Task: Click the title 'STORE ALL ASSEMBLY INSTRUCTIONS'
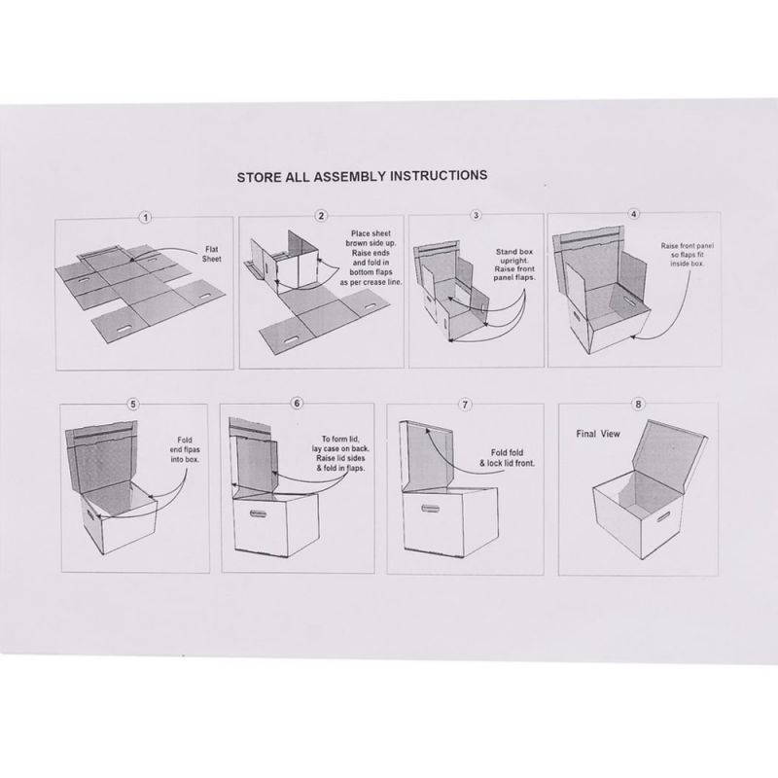click(362, 177)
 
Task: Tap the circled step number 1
click(145, 217)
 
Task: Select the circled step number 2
click(321, 216)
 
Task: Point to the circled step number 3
click(476, 215)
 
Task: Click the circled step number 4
click(634, 214)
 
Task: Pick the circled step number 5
click(133, 404)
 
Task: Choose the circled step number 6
click(298, 404)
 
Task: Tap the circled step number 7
click(465, 405)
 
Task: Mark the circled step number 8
click(638, 405)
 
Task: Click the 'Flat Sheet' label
click(212, 254)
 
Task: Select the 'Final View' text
click(598, 434)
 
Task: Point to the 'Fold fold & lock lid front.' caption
click(507, 458)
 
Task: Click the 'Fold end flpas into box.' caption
click(185, 449)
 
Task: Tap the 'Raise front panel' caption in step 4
click(688, 246)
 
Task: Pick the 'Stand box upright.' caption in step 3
click(514, 256)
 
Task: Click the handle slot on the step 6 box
click(258, 513)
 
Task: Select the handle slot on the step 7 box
click(431, 508)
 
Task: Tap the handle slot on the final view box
click(663, 516)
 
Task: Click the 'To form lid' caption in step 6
click(340, 440)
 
